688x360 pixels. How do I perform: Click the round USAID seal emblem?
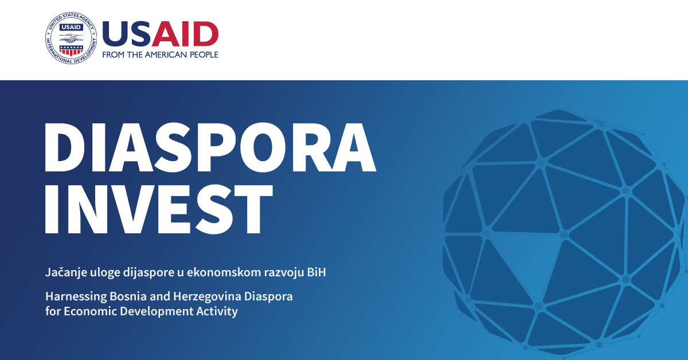70,39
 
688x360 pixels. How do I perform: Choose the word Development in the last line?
150,312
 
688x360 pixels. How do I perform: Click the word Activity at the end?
217,312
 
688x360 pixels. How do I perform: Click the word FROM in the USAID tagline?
112,55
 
